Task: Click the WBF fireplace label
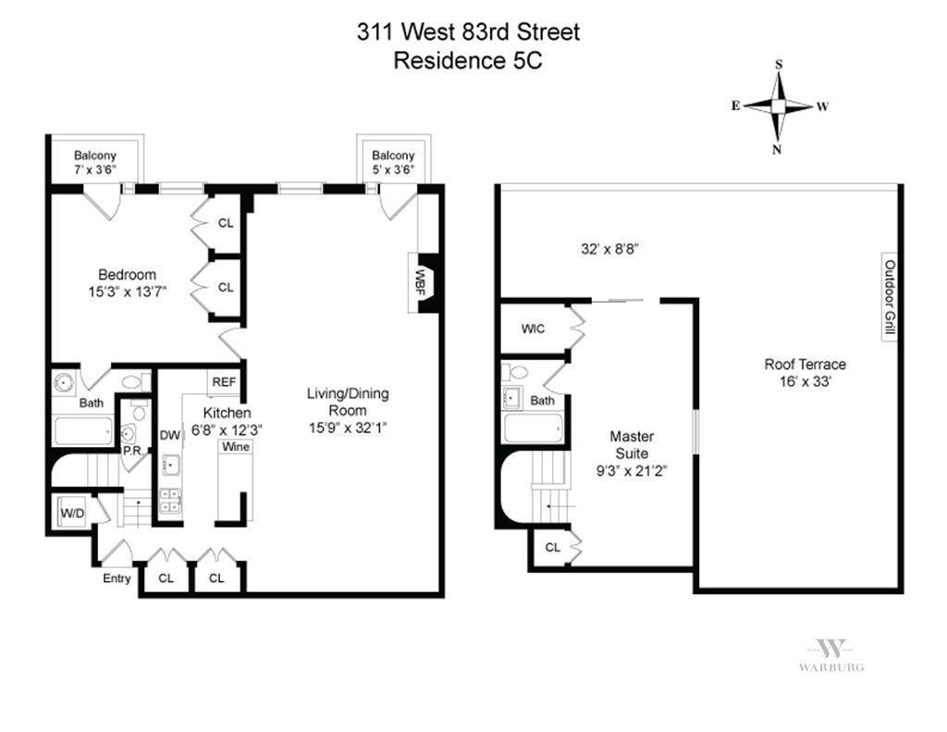(419, 281)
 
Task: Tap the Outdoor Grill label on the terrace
(890, 297)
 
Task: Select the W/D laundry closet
(72, 513)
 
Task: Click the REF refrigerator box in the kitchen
(224, 382)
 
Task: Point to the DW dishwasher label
(170, 435)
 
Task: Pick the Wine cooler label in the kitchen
(236, 447)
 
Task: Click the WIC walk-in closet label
(533, 329)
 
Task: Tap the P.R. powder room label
(132, 451)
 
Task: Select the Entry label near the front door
(117, 578)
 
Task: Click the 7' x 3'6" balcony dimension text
(95, 170)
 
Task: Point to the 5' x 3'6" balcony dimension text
(393, 170)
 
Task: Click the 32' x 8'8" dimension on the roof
(609, 248)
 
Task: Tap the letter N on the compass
(777, 150)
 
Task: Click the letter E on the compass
(735, 105)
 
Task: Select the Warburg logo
(831, 654)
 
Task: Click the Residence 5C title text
(467, 60)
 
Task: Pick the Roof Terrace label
(806, 364)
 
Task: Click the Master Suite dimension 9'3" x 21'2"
(632, 471)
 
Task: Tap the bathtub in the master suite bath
(534, 428)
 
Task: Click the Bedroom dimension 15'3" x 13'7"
(127, 292)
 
